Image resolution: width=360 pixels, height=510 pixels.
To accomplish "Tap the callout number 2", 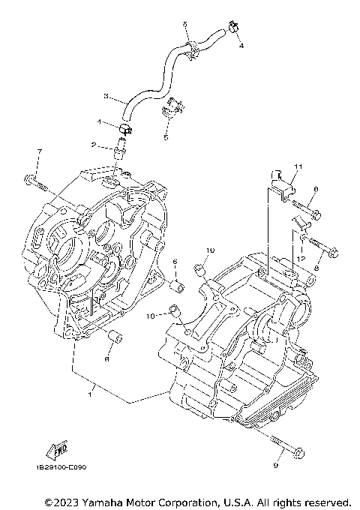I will tap(94, 145).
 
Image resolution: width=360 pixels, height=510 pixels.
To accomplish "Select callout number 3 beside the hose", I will tap(105, 97).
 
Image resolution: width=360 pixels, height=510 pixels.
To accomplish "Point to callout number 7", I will tap(40, 153).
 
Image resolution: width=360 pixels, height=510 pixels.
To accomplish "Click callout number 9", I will tap(275, 466).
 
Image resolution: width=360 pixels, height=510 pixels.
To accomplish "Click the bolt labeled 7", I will tap(34, 180).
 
